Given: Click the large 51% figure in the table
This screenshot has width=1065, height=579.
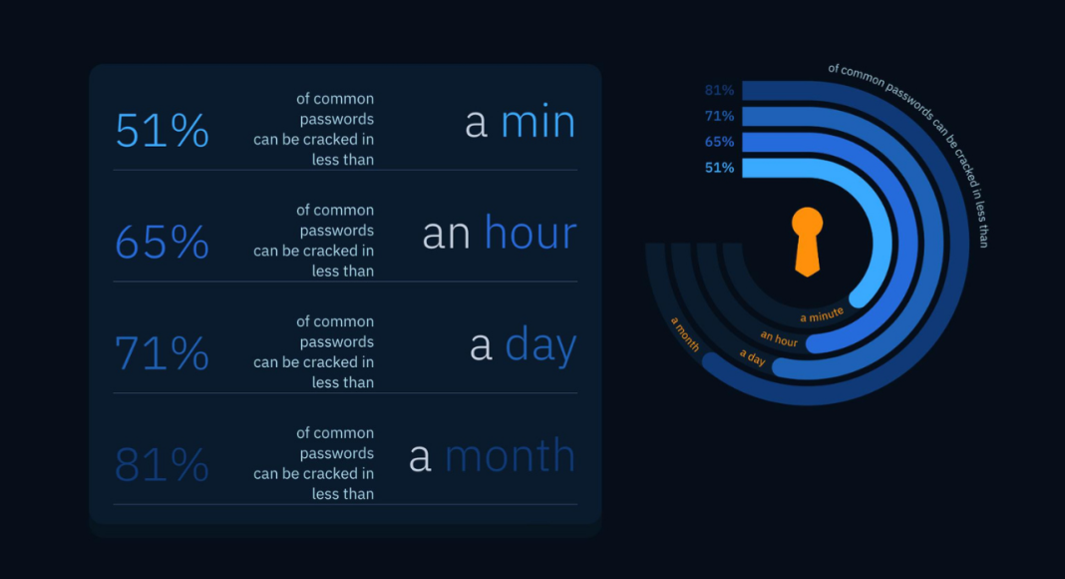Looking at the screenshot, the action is [163, 131].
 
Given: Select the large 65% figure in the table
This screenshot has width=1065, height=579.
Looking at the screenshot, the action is [163, 242].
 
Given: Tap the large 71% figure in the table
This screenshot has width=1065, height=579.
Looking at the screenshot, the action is [163, 353].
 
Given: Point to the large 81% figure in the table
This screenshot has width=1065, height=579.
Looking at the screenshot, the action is [163, 465].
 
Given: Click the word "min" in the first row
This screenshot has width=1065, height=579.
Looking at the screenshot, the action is [537, 123].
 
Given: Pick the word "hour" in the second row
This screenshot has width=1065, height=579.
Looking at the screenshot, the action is [531, 233].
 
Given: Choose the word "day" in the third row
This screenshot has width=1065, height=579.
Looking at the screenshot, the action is [540, 345].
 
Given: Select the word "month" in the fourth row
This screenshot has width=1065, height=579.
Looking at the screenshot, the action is [511, 455].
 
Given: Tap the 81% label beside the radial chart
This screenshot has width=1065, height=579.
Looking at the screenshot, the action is [719, 91].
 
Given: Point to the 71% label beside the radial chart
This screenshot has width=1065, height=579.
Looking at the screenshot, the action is [719, 116].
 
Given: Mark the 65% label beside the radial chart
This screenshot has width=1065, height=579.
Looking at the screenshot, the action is [719, 142].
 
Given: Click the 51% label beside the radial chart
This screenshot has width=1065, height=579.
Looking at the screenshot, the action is [719, 168].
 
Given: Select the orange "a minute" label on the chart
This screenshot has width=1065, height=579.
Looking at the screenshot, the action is [822, 314].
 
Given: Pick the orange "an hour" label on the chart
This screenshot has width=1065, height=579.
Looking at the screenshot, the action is [779, 338].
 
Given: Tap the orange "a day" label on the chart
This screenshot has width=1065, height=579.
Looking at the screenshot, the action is [753, 356].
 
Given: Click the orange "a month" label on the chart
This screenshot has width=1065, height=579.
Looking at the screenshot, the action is [685, 333].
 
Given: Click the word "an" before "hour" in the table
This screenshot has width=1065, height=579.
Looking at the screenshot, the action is [446, 235].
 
